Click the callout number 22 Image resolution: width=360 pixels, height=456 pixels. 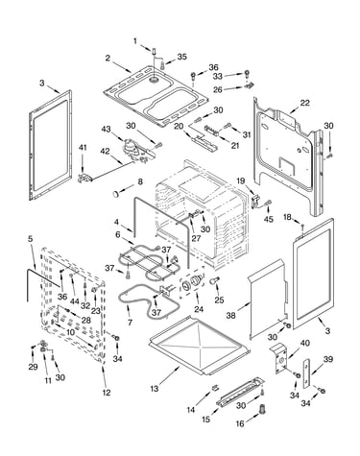click(304, 103)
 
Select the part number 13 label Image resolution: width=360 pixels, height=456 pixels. click(155, 389)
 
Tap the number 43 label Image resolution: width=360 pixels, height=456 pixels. click(107, 129)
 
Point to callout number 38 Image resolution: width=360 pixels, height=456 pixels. click(230, 315)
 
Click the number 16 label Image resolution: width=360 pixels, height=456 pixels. click(240, 423)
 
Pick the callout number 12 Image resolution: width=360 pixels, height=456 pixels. click(107, 393)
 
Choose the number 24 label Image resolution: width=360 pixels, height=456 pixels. click(199, 309)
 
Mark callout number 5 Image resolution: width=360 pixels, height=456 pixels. click(30, 239)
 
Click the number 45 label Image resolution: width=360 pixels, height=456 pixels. click(268, 219)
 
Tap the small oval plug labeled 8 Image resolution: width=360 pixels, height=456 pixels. click(116, 194)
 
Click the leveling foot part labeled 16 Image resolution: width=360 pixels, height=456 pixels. click(262, 409)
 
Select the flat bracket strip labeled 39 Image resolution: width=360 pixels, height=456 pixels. click(306, 373)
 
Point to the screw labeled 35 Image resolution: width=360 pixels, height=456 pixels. click(162, 66)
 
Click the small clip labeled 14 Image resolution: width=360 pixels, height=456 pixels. click(215, 388)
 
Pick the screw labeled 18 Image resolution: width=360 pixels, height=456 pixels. click(302, 228)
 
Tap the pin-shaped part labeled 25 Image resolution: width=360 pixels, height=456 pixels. click(214, 280)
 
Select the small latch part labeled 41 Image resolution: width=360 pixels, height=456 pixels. click(84, 178)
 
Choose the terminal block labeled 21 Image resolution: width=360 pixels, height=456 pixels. click(212, 131)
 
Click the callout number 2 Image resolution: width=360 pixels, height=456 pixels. click(108, 59)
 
